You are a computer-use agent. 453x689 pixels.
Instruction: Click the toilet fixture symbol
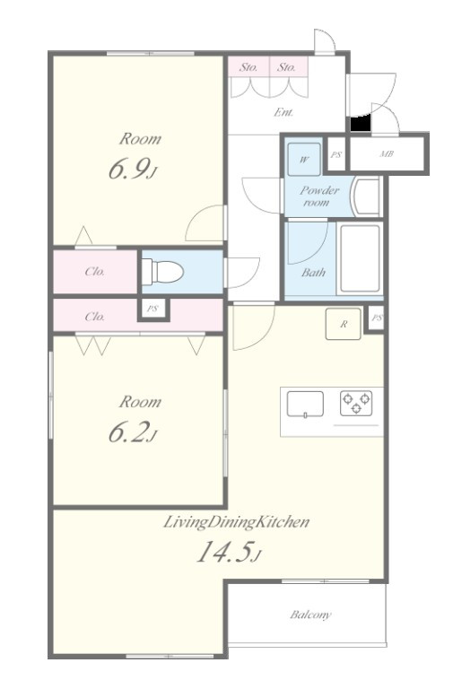(x=162, y=273)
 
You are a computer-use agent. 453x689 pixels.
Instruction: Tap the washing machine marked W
(x=304, y=159)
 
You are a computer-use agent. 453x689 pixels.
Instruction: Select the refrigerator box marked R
(x=344, y=324)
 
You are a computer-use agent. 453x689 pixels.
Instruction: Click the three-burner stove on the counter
(x=356, y=404)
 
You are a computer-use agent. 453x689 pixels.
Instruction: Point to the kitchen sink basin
(x=305, y=405)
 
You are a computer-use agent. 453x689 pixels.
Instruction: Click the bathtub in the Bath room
(x=360, y=258)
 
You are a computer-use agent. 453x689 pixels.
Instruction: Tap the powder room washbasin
(x=367, y=196)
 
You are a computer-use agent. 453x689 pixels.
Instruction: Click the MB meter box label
(x=387, y=154)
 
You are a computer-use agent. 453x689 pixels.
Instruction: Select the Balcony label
(x=310, y=615)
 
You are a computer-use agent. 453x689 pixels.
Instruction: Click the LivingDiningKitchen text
(x=237, y=522)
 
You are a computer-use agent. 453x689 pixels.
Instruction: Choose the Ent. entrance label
(x=283, y=112)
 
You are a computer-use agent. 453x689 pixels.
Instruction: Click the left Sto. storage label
(x=248, y=67)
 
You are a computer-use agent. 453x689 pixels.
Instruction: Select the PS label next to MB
(x=336, y=154)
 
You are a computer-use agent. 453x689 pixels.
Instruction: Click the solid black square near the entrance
(x=361, y=123)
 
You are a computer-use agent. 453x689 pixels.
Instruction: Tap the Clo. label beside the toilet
(x=95, y=272)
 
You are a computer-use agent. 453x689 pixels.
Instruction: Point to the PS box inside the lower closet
(x=152, y=309)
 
